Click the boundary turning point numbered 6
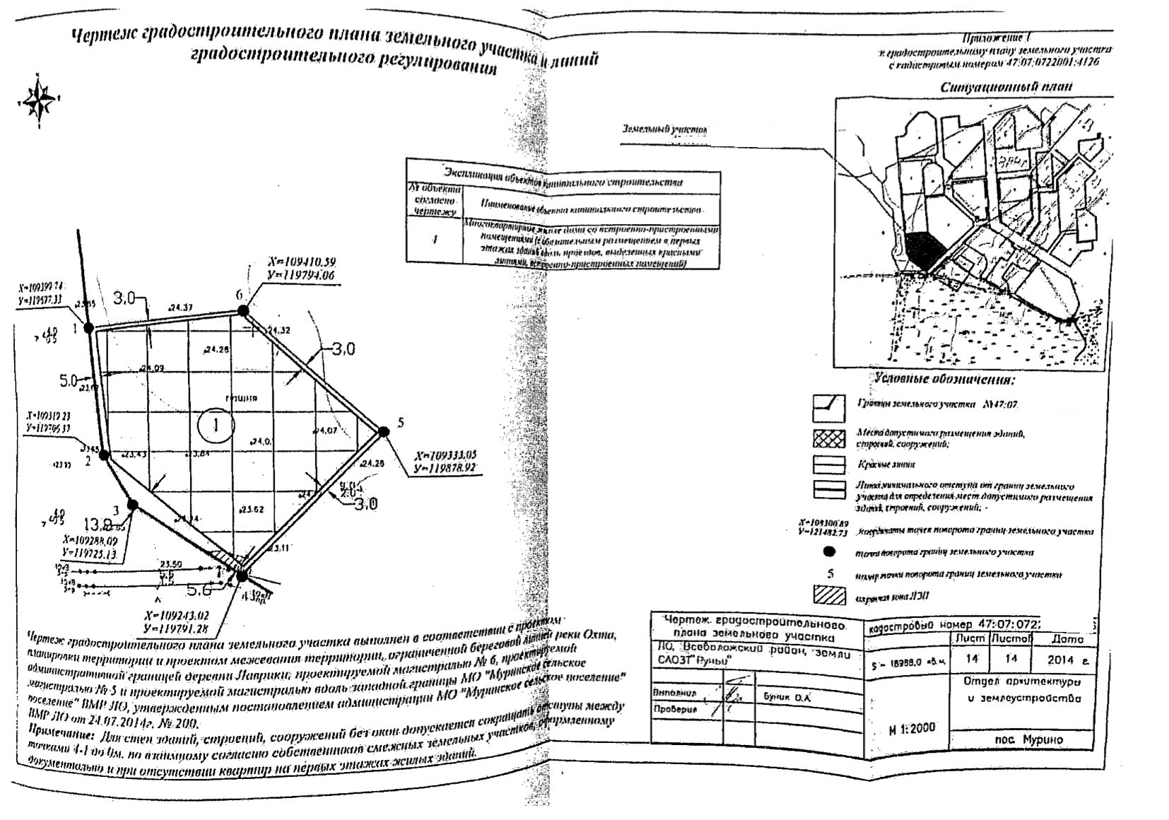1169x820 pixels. (x=243, y=310)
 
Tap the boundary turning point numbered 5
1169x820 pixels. (x=383, y=431)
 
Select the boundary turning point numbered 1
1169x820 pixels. (x=89, y=327)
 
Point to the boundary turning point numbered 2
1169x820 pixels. (x=103, y=455)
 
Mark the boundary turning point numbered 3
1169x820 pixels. (x=132, y=504)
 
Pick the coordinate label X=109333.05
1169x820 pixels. (x=446, y=455)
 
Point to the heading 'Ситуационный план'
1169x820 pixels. (x=1006, y=88)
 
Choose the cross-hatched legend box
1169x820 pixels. (x=829, y=438)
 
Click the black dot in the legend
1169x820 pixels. (x=830, y=551)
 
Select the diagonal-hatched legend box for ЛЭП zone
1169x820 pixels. (x=829, y=595)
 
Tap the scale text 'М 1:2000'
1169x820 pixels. (x=912, y=728)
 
